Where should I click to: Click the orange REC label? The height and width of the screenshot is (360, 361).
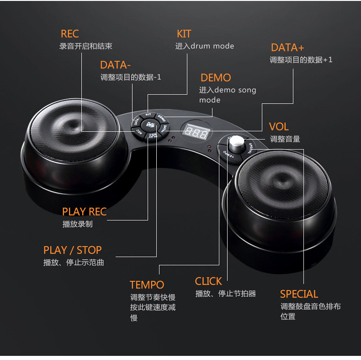(69, 34)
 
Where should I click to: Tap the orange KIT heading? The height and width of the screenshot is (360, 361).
(184, 34)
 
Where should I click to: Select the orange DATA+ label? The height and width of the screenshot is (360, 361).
(287, 48)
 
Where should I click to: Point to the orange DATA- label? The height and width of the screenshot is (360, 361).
(115, 65)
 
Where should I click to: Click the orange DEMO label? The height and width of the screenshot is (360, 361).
(216, 78)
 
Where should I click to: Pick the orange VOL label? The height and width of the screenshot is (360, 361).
(279, 127)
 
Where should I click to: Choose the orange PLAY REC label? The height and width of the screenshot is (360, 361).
(84, 211)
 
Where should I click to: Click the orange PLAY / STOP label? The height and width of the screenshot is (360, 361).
(72, 250)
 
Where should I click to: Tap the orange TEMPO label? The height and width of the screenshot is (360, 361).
(146, 285)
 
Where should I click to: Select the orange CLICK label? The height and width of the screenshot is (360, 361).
(208, 281)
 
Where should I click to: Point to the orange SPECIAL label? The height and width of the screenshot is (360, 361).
(299, 294)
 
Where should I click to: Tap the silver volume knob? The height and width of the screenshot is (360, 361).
(237, 144)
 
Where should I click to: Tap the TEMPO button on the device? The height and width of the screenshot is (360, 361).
(227, 156)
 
